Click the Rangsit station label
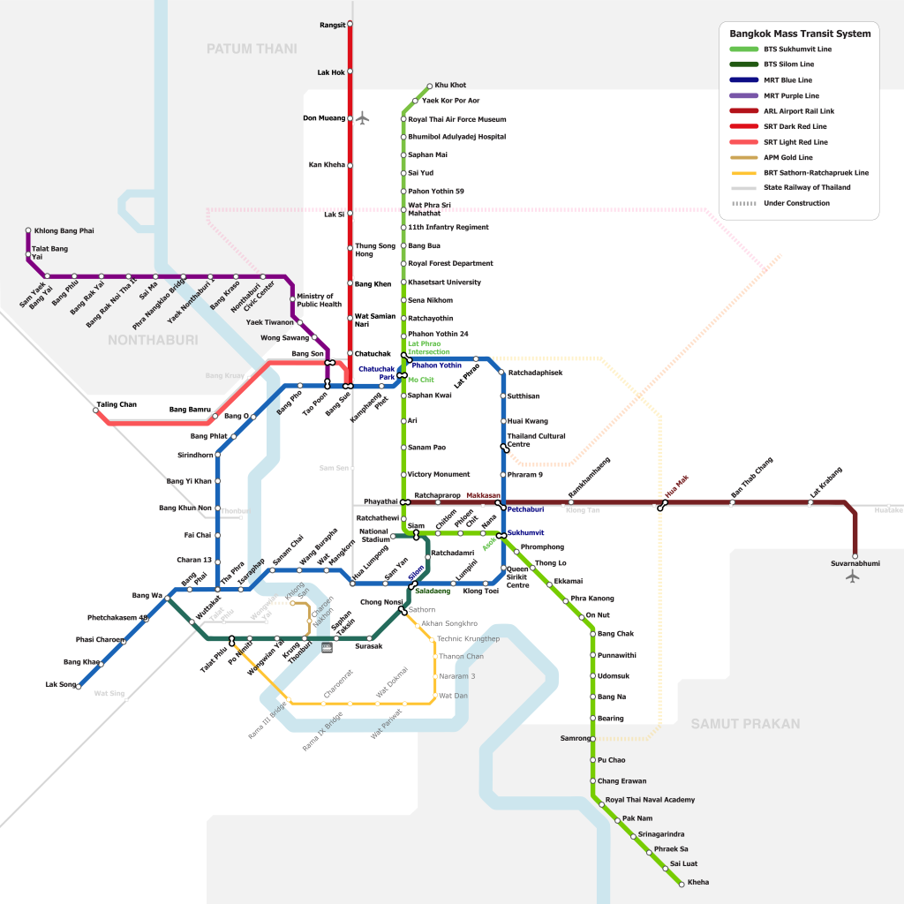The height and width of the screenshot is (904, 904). coord(332,25)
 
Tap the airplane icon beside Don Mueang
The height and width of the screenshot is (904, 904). coord(362,117)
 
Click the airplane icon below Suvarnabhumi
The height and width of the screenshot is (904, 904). coord(852,576)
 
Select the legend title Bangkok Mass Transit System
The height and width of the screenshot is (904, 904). coord(800,34)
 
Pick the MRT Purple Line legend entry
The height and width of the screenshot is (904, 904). coord(791,95)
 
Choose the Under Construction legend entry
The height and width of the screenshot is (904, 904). coord(796,203)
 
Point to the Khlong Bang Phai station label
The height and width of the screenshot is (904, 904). coord(64,231)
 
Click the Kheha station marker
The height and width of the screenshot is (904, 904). coord(682,883)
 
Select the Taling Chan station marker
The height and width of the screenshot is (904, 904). coord(96,411)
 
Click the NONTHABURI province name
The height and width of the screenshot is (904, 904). coord(153,339)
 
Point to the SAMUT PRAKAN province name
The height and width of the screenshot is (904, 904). coord(745,724)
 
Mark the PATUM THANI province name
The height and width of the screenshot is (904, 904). coord(252,49)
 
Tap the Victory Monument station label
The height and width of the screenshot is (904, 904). coord(439,475)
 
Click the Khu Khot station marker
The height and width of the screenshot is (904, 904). coord(430,86)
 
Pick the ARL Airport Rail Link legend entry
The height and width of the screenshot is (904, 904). coord(799,111)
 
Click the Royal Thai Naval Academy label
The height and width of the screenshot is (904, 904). coord(651,800)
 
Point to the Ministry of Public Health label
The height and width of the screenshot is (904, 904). coord(320,300)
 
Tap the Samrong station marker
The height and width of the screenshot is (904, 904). coord(593,738)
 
